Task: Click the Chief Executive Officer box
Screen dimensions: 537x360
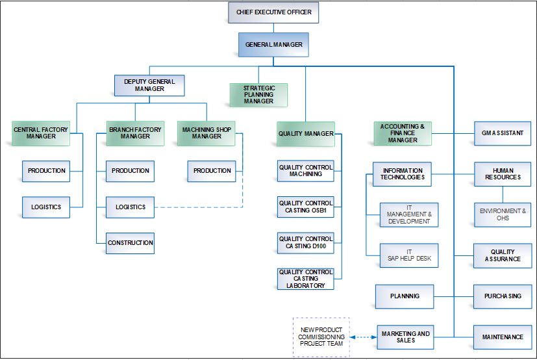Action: (x=273, y=12)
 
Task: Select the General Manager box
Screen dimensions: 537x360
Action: (x=273, y=45)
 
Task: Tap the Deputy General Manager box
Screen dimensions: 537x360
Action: (x=149, y=85)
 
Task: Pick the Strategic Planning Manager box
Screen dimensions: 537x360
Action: (x=258, y=95)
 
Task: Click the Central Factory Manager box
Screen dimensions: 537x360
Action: (x=41, y=133)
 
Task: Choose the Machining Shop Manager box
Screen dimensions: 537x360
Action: (x=206, y=133)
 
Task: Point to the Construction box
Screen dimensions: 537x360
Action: (x=130, y=243)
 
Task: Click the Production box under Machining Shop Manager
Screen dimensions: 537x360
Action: (x=212, y=171)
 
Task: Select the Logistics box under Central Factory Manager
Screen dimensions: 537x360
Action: (x=46, y=207)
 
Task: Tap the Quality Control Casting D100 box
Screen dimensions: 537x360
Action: (x=305, y=243)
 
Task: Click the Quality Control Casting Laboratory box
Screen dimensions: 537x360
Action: (x=305, y=279)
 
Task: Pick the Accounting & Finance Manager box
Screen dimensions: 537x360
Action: (x=403, y=133)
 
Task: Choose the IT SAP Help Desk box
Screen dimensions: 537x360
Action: (x=409, y=255)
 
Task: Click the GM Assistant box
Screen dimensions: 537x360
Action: (x=503, y=133)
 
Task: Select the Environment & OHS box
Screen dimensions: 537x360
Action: (x=503, y=215)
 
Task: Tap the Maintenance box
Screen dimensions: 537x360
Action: (x=503, y=337)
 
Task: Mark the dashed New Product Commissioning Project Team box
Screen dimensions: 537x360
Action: (x=321, y=337)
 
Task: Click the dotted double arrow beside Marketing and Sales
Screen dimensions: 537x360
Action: (x=363, y=337)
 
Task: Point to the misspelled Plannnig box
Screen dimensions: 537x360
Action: (x=405, y=296)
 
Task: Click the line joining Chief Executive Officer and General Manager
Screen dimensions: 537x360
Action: (x=273, y=28)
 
